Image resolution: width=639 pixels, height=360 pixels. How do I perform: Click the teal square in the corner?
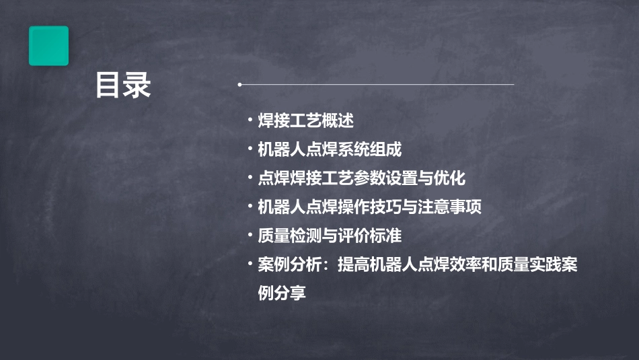click(48, 46)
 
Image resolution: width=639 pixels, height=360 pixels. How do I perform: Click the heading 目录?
click(123, 85)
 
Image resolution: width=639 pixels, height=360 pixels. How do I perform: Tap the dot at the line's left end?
click(239, 85)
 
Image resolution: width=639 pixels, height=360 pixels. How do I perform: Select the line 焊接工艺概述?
click(306, 121)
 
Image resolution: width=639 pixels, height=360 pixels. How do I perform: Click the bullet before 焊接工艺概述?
click(250, 121)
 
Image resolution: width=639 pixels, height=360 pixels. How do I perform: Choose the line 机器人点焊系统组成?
click(330, 149)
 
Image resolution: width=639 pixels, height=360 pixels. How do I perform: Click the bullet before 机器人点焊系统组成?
click(250, 149)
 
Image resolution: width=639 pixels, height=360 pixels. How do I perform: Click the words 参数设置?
click(385, 178)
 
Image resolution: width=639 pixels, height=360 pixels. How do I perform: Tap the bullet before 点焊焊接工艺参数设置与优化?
click(250, 178)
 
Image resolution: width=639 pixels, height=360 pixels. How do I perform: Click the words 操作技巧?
click(369, 207)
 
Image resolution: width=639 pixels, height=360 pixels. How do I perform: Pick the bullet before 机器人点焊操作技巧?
click(250, 207)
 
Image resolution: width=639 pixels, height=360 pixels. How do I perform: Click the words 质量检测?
click(290, 236)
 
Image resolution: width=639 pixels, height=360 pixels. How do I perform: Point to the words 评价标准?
click(369, 236)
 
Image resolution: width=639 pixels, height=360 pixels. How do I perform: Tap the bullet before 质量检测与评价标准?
click(250, 236)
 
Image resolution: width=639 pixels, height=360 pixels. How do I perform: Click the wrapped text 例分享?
click(282, 293)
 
